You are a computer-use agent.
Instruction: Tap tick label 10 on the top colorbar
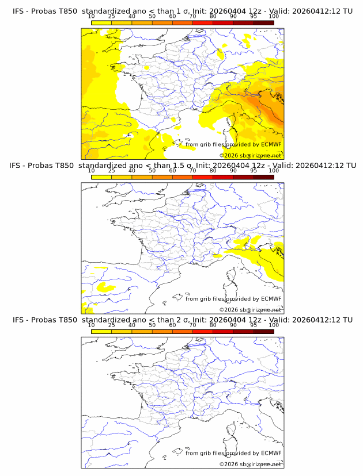[x=91, y=16]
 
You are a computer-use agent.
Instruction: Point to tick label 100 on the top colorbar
[x=274, y=16]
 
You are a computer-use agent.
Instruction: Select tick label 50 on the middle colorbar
[x=152, y=171]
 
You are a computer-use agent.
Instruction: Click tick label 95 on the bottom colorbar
[x=254, y=325]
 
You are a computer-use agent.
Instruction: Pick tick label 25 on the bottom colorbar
[x=112, y=325]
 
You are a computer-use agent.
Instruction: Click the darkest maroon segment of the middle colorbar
[x=263, y=177]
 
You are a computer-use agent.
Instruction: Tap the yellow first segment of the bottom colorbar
[x=101, y=331]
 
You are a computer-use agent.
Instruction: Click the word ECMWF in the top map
[x=271, y=145]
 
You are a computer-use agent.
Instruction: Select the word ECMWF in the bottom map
[x=271, y=453]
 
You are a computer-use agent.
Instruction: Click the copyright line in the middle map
[x=250, y=309]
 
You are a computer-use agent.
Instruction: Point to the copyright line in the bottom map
[x=250, y=463]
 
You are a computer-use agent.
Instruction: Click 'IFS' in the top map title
[x=18, y=11]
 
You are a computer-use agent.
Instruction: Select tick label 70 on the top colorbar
[x=192, y=16]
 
